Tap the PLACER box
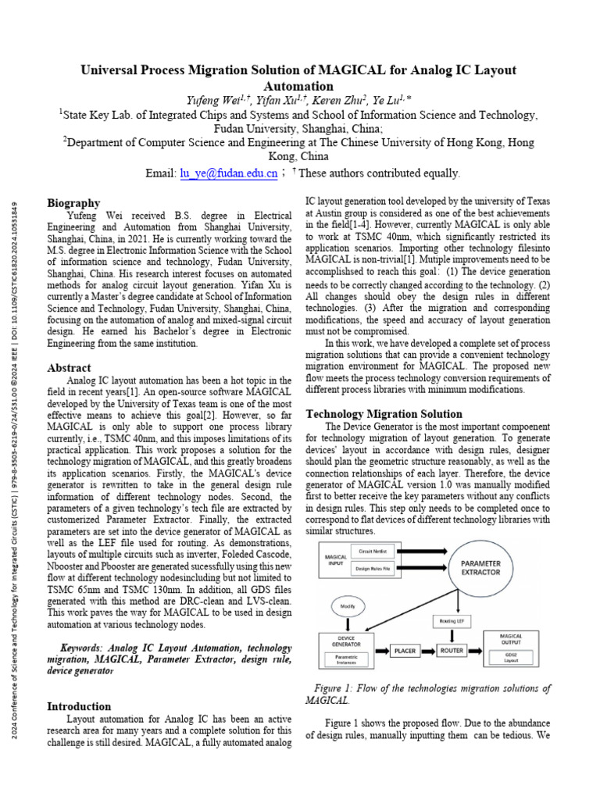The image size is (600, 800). (404, 649)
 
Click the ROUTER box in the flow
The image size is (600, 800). (451, 649)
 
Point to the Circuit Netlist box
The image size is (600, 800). (373, 551)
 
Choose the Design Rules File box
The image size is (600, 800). (373, 568)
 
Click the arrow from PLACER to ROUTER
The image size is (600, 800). (427, 649)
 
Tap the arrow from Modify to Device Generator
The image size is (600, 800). (348, 623)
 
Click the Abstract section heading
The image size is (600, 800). (69, 367)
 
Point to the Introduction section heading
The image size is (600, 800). (79, 705)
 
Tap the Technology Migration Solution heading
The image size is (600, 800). (383, 413)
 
